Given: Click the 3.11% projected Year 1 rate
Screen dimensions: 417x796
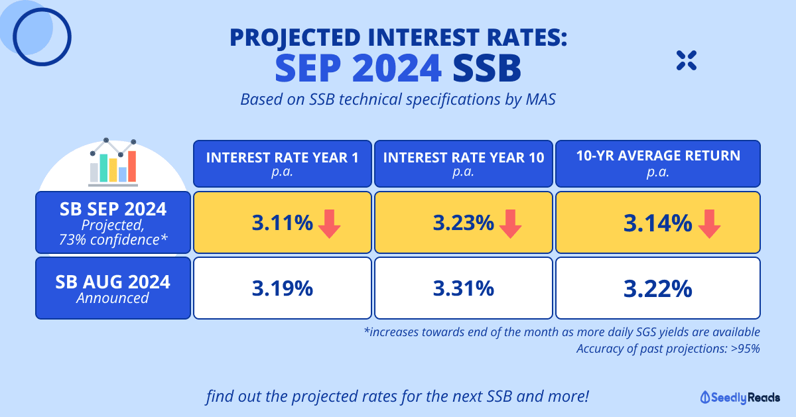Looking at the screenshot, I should point(282,223).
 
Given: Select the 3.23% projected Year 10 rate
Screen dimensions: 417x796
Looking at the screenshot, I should point(463,223).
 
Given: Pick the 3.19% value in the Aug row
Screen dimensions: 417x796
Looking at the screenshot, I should point(282,288).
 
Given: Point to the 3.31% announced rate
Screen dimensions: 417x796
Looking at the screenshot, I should point(463,288).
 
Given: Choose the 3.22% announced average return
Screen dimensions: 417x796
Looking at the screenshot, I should point(657,288).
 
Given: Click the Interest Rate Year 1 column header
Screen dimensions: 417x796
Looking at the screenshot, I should point(282,163).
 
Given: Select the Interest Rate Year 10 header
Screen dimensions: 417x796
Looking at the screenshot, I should point(463,163).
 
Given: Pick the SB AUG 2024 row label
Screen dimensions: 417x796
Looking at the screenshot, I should point(112,288).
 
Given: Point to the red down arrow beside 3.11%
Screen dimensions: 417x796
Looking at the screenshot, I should point(330,224).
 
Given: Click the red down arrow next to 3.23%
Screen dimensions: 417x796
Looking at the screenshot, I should point(511,224).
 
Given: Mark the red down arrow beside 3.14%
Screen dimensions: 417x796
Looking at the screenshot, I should point(709,224).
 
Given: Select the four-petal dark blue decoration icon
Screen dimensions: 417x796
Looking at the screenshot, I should point(687,60).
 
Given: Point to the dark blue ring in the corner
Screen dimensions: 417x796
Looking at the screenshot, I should point(41,36).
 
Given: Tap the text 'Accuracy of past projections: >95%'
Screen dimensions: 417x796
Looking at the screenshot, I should point(668,349).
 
